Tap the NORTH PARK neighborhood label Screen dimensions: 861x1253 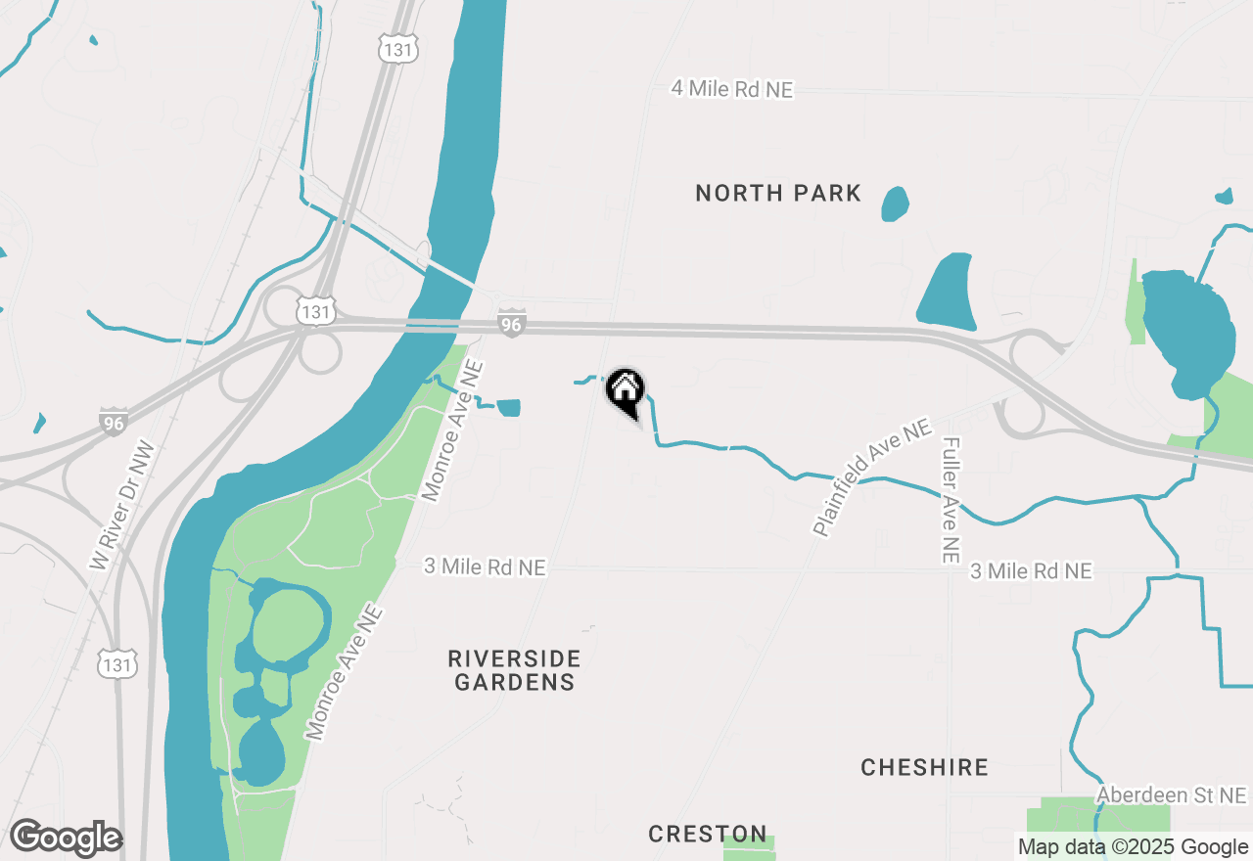click(778, 193)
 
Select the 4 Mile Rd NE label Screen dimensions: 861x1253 click(731, 89)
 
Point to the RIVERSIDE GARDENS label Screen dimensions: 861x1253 click(515, 670)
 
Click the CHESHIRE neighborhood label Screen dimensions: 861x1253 click(924, 767)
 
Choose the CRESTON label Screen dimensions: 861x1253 click(708, 834)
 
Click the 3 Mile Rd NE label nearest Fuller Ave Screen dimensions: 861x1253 click(1031, 570)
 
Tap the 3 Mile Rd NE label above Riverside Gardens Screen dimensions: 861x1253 click(485, 566)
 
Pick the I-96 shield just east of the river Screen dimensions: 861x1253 click(511, 323)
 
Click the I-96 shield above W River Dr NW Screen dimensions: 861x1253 click(114, 422)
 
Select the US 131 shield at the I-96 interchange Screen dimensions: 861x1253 click(315, 311)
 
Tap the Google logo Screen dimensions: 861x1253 click(66, 838)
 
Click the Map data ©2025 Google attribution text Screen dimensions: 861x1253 click(1132, 847)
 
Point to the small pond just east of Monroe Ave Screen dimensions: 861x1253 click(509, 408)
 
